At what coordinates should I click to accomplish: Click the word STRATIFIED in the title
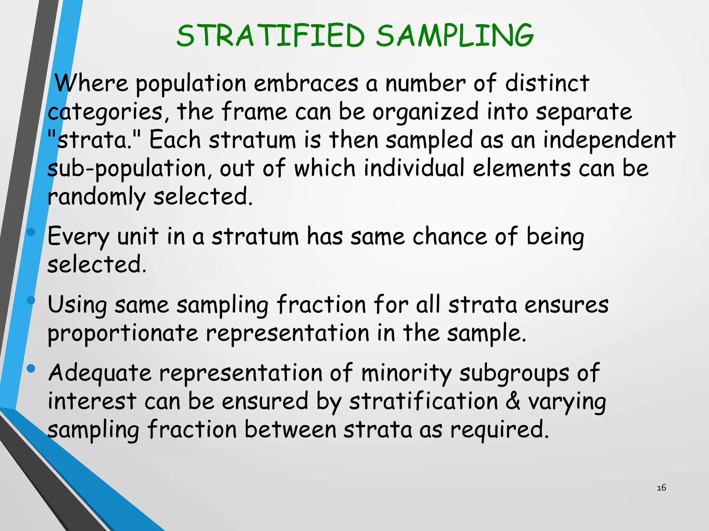pos(270,36)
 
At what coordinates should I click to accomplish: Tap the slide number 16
pos(661,488)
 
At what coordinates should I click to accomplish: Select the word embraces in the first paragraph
pos(306,84)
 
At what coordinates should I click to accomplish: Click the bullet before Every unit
pos(31,232)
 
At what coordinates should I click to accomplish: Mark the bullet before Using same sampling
pos(31,300)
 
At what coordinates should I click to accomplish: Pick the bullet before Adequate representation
pos(31,369)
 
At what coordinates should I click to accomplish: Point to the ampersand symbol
pos(513,401)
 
